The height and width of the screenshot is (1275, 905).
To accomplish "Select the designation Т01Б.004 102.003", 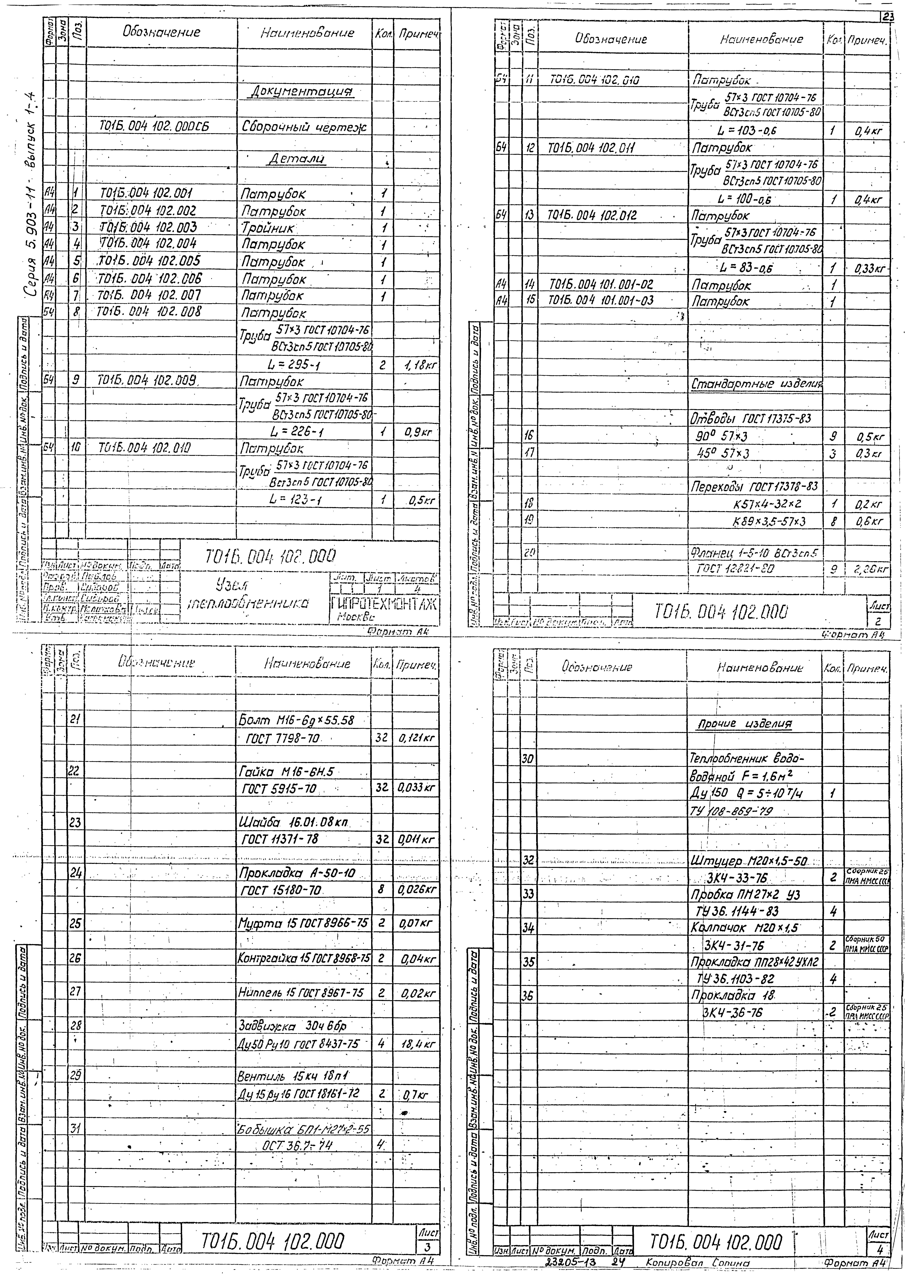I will [x=148, y=227].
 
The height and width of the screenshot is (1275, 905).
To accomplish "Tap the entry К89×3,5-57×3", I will [x=769, y=521].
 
